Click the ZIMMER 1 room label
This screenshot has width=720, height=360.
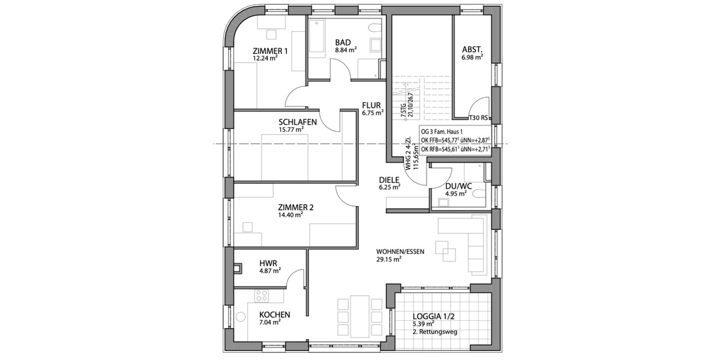coord(270,51)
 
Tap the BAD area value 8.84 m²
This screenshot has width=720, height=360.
coord(346,50)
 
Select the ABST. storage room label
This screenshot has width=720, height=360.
coord(473,49)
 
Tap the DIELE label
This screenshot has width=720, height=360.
coord(389,179)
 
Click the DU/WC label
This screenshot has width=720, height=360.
coord(458,186)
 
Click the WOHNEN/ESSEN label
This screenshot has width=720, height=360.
coord(400,251)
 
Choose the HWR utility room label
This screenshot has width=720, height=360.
coord(268,263)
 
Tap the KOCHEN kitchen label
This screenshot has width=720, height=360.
coord(275,314)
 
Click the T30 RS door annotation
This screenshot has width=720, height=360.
coord(478,118)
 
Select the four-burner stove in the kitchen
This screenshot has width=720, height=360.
coord(262,295)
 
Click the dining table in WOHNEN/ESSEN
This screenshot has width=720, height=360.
coord(359,316)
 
